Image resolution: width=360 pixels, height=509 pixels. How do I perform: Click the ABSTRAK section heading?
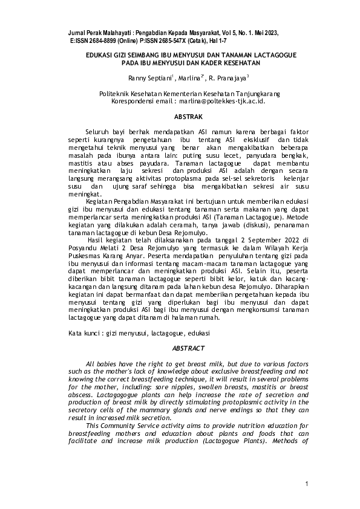pos(188,115)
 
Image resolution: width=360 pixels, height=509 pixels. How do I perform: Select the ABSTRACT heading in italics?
pos(188,349)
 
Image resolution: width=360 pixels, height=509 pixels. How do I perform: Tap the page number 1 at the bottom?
pos(307,484)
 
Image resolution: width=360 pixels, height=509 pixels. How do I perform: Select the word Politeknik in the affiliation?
pos(116,94)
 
